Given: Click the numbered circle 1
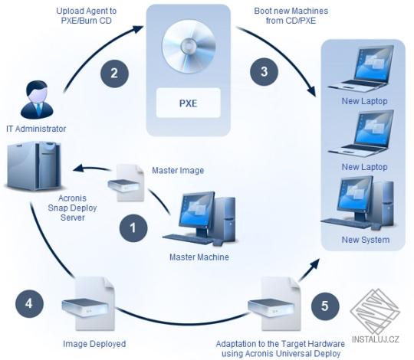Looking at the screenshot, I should (133, 227).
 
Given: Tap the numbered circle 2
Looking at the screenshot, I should (113, 74).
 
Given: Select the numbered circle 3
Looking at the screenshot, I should (264, 74).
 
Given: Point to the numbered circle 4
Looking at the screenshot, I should (29, 303).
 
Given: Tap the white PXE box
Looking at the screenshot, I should (188, 101).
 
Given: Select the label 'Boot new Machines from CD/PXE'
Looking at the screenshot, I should (286, 17).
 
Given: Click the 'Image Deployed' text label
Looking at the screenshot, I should (94, 344).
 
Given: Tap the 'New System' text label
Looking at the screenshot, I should (366, 240).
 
